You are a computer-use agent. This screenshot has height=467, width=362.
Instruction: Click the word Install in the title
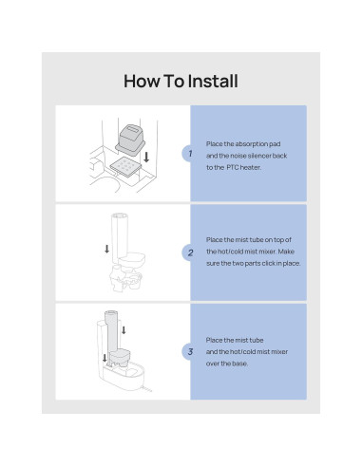(x=213, y=81)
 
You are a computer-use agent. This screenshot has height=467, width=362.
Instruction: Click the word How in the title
(x=142, y=81)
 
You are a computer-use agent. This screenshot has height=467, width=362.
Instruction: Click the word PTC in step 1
(x=233, y=167)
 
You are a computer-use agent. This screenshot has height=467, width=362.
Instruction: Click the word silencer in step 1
(x=259, y=156)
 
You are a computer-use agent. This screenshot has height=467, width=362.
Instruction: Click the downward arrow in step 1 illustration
(x=146, y=158)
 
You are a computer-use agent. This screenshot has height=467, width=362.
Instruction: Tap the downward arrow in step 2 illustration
(x=107, y=249)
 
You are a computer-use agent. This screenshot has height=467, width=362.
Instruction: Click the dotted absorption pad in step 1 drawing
(x=125, y=167)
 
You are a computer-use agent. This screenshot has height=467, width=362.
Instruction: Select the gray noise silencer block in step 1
(x=130, y=140)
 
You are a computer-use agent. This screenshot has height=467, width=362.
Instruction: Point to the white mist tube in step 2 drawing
(x=120, y=238)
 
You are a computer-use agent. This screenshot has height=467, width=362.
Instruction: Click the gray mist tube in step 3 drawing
(x=112, y=332)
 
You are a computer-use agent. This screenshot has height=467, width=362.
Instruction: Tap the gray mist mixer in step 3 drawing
(x=119, y=357)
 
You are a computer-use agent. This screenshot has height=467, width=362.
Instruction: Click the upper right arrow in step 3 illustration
(x=124, y=330)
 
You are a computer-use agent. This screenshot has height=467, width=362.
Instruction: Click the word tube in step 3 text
(x=257, y=341)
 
